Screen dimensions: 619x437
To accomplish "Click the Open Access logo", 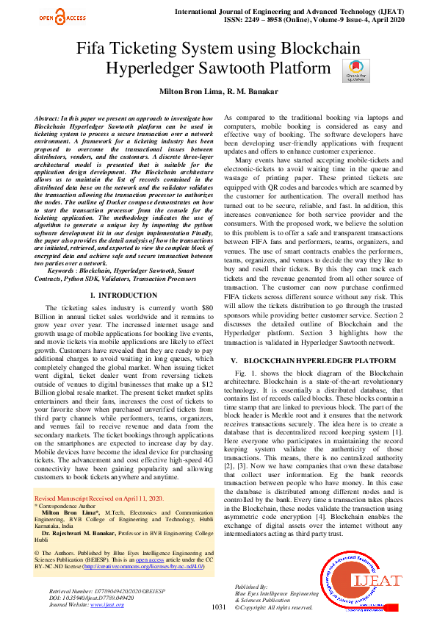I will [62, 18].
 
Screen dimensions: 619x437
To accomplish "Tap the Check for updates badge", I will [355, 71].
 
